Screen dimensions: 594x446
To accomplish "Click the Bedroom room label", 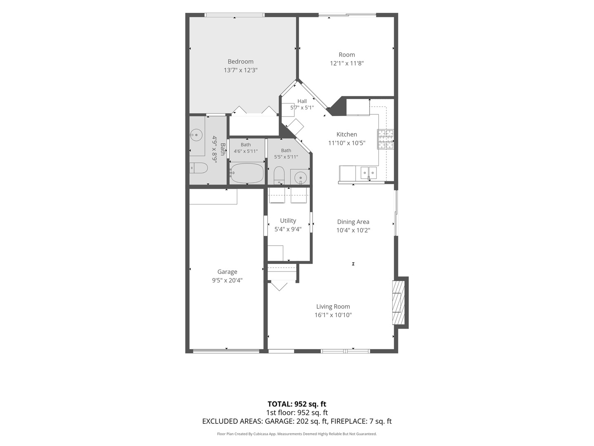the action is coord(240,62).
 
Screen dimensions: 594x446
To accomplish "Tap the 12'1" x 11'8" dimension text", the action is coord(346,63).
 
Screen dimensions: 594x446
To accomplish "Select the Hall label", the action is coord(302,101).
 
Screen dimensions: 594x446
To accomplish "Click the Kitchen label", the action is coord(346,134).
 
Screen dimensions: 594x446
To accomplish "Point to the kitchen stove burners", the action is coord(386,139).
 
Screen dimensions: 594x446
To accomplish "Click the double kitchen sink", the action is coord(369,173).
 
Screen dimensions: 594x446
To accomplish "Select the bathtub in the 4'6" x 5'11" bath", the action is coord(247,173).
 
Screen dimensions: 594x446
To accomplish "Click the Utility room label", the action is coord(288,221).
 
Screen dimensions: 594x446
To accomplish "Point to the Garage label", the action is coord(227,272).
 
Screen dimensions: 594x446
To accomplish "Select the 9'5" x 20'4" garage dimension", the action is coord(227,280).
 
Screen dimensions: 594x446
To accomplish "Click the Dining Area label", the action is coord(353,222).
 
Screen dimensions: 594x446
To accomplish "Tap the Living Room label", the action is coord(333,306).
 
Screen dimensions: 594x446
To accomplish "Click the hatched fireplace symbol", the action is coord(398,302).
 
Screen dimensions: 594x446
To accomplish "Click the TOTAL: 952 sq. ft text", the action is coord(297,404).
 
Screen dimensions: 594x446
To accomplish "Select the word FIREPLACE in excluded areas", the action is coord(349,421).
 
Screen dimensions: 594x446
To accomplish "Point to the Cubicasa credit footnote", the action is coord(297,434).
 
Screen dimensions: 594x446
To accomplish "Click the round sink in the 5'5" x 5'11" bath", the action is coord(301,178).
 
